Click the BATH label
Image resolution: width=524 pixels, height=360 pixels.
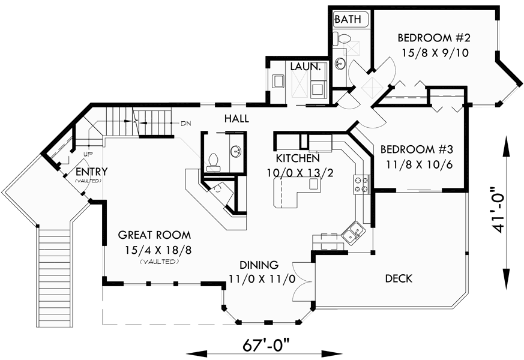click(348, 19)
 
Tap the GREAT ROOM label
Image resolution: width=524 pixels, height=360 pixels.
click(154, 235)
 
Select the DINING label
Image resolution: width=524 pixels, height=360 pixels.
click(259, 265)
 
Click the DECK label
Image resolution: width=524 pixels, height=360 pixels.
click(399, 278)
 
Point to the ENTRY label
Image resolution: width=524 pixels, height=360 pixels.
click(88, 172)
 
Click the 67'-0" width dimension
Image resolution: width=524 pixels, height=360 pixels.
click(267, 346)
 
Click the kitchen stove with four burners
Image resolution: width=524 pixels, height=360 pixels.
click(362, 184)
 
